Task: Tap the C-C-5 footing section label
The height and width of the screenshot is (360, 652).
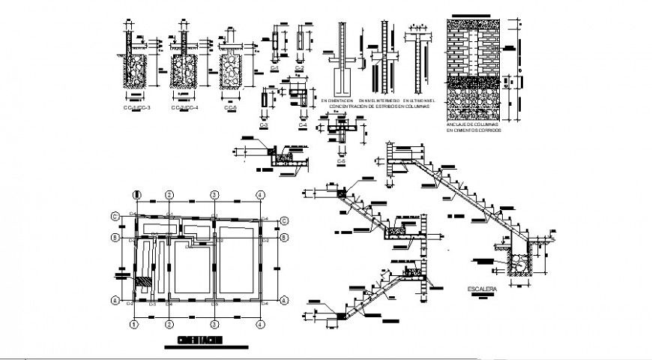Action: pyautogui.click(x=231, y=109)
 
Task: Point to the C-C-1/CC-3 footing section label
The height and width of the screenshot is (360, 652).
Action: pyautogui.click(x=136, y=109)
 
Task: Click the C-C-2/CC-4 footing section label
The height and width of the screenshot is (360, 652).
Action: pyautogui.click(x=184, y=109)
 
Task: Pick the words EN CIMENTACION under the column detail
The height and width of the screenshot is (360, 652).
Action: pyautogui.click(x=337, y=100)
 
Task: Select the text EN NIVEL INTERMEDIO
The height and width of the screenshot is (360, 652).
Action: pyautogui.click(x=378, y=100)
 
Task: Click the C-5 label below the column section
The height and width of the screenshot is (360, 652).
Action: pyautogui.click(x=341, y=161)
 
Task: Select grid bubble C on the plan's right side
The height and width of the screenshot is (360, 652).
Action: pyautogui.click(x=285, y=220)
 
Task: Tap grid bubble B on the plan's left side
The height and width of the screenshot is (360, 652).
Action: pyautogui.click(x=116, y=238)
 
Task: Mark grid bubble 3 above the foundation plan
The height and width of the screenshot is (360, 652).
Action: pyautogui.click(x=214, y=195)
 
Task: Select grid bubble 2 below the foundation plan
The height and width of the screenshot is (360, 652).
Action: pyautogui.click(x=170, y=325)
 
